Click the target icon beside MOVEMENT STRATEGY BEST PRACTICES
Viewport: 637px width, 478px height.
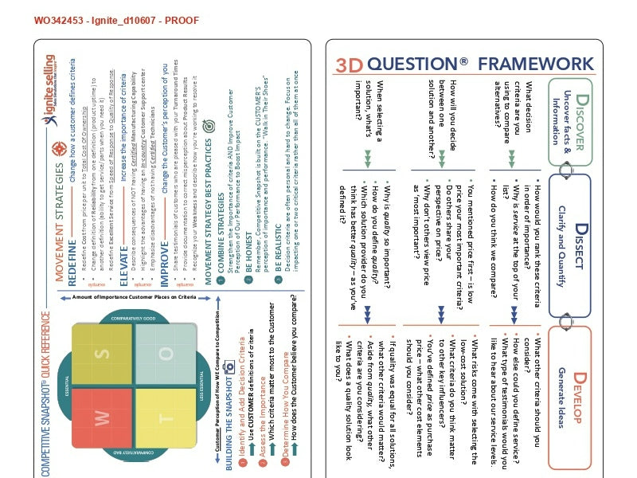point(209,126)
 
